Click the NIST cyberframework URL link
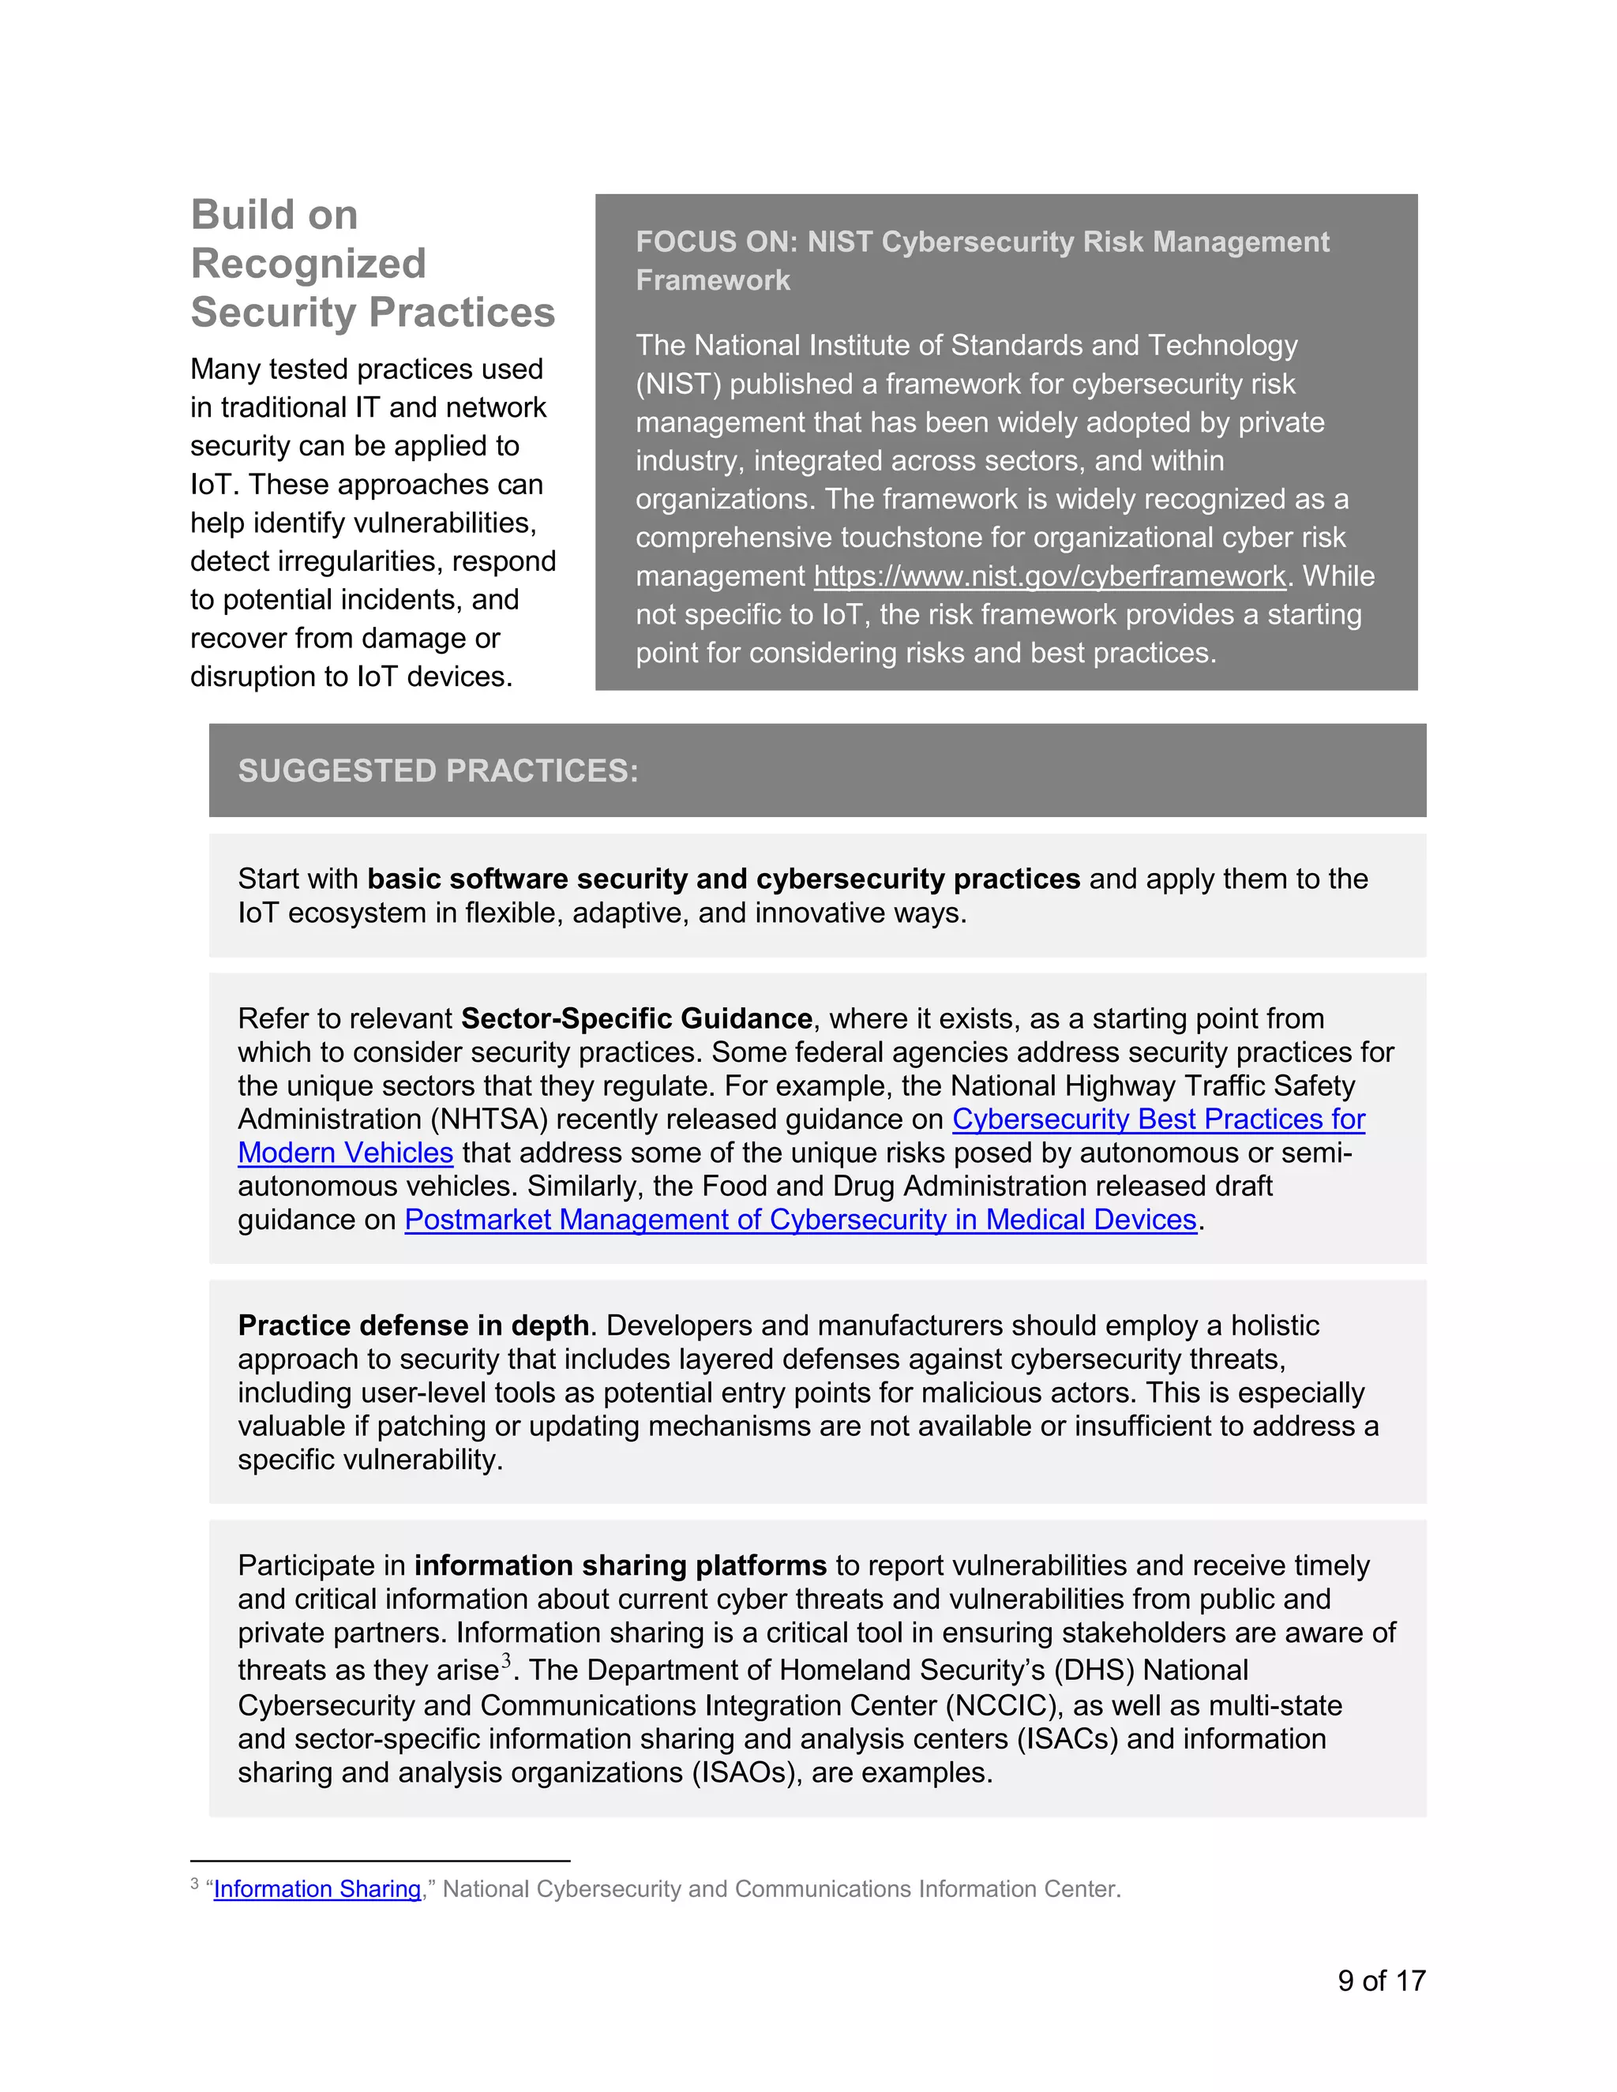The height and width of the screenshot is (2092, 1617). coord(1049,575)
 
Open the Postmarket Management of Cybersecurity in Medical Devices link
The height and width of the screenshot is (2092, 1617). coord(800,1220)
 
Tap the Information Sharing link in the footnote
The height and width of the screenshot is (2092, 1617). coord(317,1889)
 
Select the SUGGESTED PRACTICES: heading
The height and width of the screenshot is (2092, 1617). coord(437,770)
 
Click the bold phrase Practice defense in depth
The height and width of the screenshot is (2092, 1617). coord(413,1325)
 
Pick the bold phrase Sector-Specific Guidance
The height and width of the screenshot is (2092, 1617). coord(636,1018)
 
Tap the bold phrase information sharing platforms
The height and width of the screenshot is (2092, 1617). coord(620,1565)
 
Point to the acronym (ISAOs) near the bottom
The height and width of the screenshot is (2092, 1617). coord(746,1772)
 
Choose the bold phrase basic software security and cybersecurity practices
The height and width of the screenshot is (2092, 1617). coord(723,879)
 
